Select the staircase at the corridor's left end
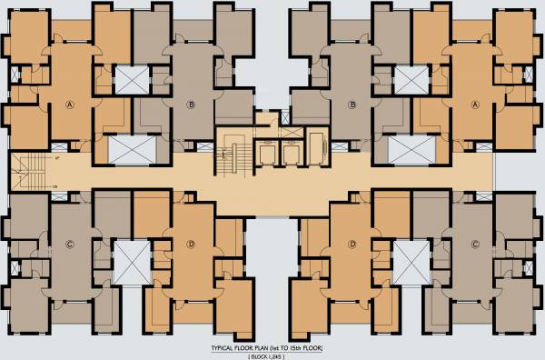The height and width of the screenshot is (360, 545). coord(31,165)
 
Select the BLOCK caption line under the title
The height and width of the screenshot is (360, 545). coord(272,356)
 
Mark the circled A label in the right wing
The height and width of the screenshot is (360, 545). coord(475,104)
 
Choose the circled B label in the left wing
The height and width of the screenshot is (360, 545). coord(191,105)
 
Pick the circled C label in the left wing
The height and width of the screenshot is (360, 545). coord(69,244)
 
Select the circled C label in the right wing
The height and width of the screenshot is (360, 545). coord(475,244)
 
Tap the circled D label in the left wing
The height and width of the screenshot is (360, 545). coord(191,244)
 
